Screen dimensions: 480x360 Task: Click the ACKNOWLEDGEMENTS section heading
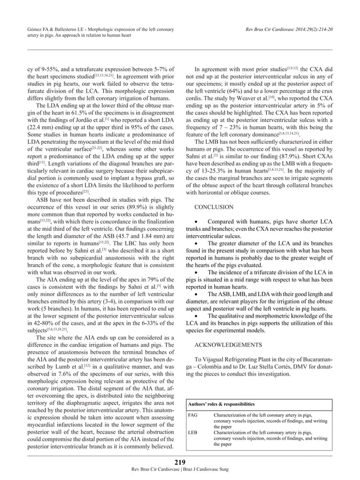pos(227,343)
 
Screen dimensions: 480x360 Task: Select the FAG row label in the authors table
pos(192,416)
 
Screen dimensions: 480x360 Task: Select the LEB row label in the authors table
pos(192,433)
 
